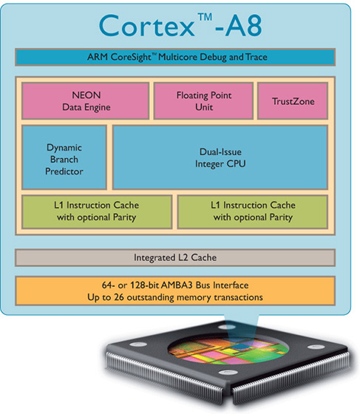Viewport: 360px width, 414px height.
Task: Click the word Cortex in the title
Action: (147, 26)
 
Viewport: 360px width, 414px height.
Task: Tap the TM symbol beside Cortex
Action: (205, 17)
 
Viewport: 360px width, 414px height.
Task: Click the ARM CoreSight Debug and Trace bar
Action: (175, 57)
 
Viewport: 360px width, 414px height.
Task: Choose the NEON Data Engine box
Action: (86, 101)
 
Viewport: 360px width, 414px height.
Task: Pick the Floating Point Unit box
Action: (203, 101)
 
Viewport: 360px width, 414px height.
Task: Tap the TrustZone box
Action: (293, 101)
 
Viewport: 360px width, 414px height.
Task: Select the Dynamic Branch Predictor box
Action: (64, 157)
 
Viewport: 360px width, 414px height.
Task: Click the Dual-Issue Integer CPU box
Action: (220, 157)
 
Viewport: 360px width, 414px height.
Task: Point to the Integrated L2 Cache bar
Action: (175, 258)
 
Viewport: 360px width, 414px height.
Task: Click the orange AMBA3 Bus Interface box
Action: (175, 291)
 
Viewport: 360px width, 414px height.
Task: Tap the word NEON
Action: (86, 95)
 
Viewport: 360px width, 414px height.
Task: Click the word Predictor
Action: (64, 172)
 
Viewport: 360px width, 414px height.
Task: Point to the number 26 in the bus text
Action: (119, 297)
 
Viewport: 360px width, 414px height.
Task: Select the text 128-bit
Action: (144, 285)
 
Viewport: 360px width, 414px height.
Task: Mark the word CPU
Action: (236, 163)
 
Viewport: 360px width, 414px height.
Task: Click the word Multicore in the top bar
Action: (178, 57)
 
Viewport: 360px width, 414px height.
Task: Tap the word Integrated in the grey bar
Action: (154, 258)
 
